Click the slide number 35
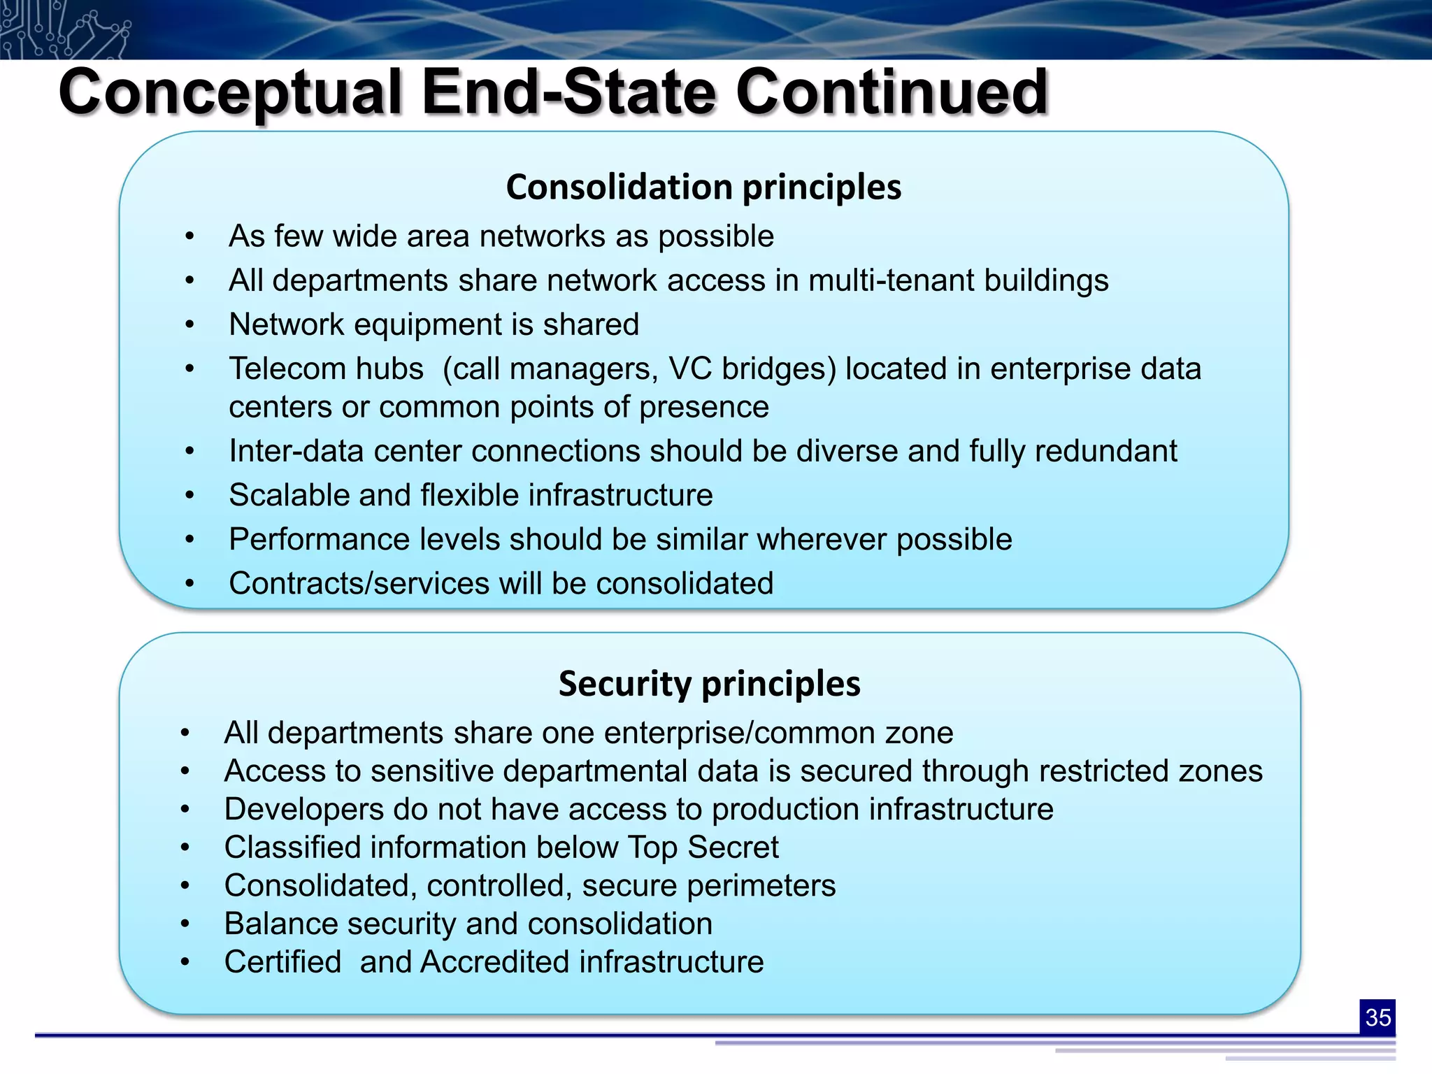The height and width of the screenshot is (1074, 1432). pyautogui.click(x=1377, y=1017)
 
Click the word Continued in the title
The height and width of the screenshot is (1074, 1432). pyautogui.click(x=892, y=93)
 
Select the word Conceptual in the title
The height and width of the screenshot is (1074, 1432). pyautogui.click(x=230, y=93)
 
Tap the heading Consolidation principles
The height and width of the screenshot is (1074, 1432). pyautogui.click(x=703, y=187)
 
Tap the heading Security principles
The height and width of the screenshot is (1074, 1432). pyautogui.click(x=709, y=684)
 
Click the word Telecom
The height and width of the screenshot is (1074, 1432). pyautogui.click(x=326, y=369)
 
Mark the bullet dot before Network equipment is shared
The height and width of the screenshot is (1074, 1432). pyautogui.click(x=189, y=325)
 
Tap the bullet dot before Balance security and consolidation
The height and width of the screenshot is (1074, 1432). pyautogui.click(x=185, y=924)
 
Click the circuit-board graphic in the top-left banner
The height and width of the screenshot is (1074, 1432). pyautogui.click(x=63, y=29)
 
